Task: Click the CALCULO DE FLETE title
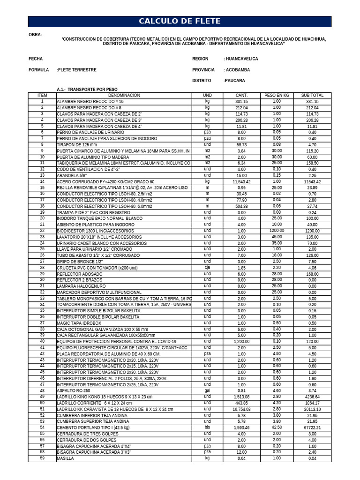180,22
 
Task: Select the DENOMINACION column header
124,95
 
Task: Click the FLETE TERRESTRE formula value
76,70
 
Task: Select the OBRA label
35,35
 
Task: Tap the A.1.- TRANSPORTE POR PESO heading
87,89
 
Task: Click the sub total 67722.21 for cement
312,427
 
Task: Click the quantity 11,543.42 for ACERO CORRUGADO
241,181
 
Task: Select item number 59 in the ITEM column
42,458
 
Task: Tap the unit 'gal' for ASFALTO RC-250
207,390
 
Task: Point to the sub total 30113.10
312,409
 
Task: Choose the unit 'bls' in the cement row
207,427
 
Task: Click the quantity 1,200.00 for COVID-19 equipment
241,342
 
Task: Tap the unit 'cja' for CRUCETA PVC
207,268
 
